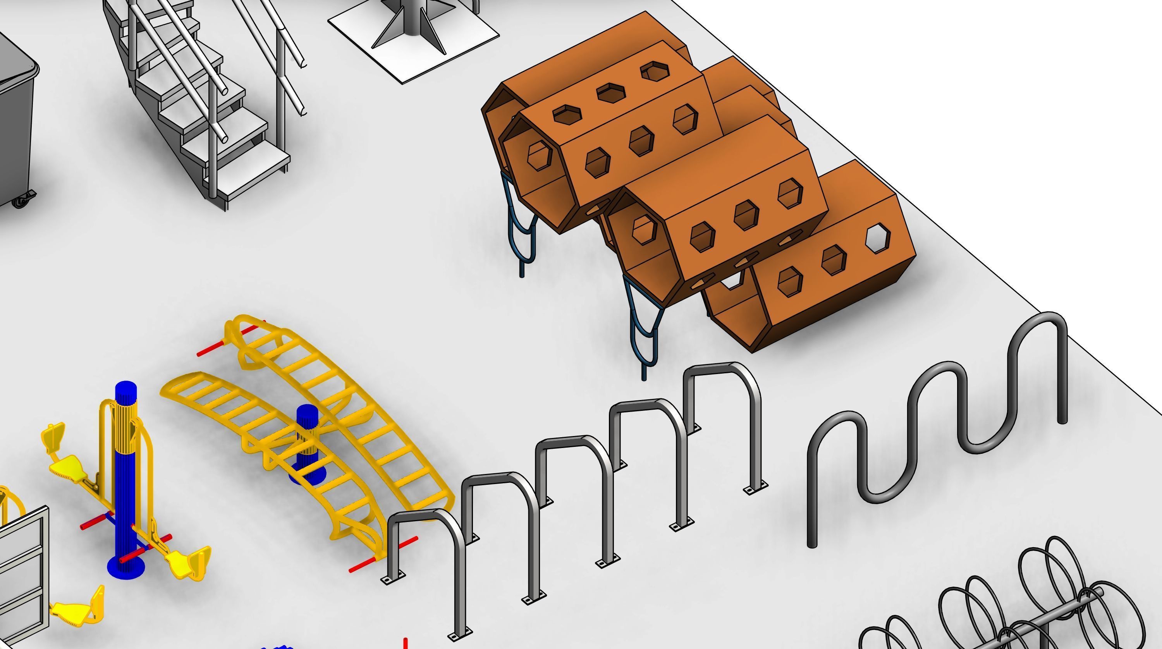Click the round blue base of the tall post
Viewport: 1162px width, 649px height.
[x=126, y=567]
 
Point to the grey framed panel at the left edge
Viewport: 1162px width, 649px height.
[x=22, y=577]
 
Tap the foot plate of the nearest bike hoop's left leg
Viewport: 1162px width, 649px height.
[x=393, y=578]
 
